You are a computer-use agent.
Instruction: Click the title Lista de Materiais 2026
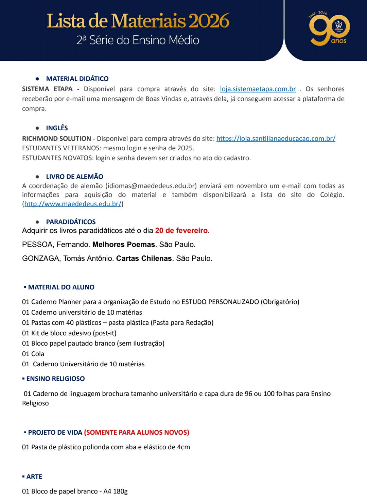point(138,21)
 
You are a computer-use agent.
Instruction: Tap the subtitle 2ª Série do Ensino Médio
point(138,40)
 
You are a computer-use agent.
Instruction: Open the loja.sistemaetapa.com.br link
point(258,89)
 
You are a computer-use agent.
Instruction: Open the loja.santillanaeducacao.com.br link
point(276,138)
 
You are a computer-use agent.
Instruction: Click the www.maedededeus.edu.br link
point(73,204)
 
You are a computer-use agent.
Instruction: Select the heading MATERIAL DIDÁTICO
point(77,79)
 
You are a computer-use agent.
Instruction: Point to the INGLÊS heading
point(57,128)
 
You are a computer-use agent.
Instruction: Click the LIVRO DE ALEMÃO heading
point(74,177)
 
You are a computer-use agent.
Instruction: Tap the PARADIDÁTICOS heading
point(71,222)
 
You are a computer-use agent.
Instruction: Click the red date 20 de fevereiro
point(182,231)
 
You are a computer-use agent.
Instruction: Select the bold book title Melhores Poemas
point(124,245)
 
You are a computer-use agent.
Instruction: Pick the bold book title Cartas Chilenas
point(144,258)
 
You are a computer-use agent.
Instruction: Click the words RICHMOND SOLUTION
point(56,138)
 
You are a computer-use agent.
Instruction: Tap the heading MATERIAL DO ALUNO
point(61,287)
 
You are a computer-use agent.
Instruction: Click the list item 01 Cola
point(33,354)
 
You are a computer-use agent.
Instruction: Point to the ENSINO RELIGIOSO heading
point(55,379)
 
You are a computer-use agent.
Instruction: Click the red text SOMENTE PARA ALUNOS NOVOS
point(137,432)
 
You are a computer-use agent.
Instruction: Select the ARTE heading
point(34,477)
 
